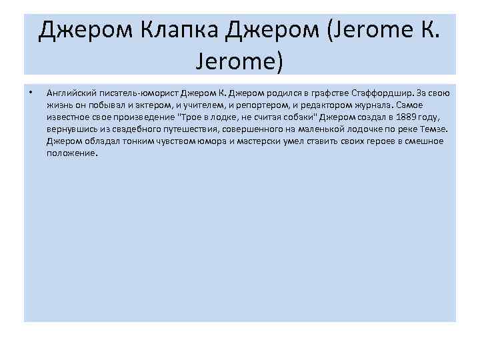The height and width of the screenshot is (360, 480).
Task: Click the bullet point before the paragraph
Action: [x=31, y=93]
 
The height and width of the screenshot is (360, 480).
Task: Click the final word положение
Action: [x=72, y=153]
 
